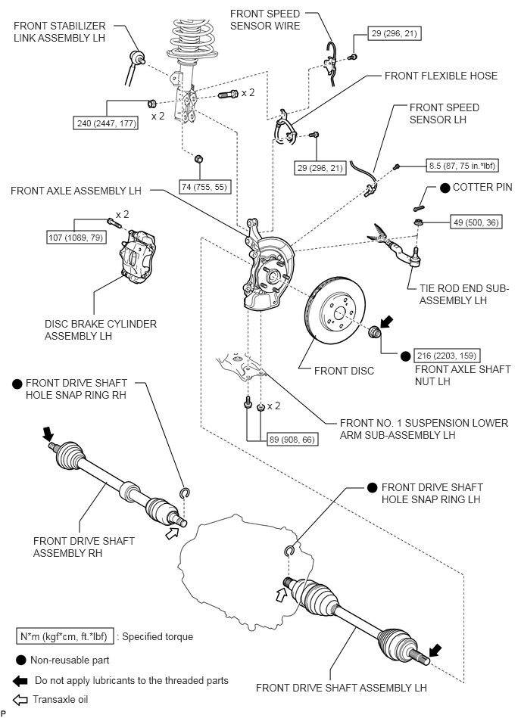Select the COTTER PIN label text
coord(482,187)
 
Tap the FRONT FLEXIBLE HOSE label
coord(441,76)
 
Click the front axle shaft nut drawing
coord(374,333)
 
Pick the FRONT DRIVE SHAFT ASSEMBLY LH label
coord(341,688)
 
